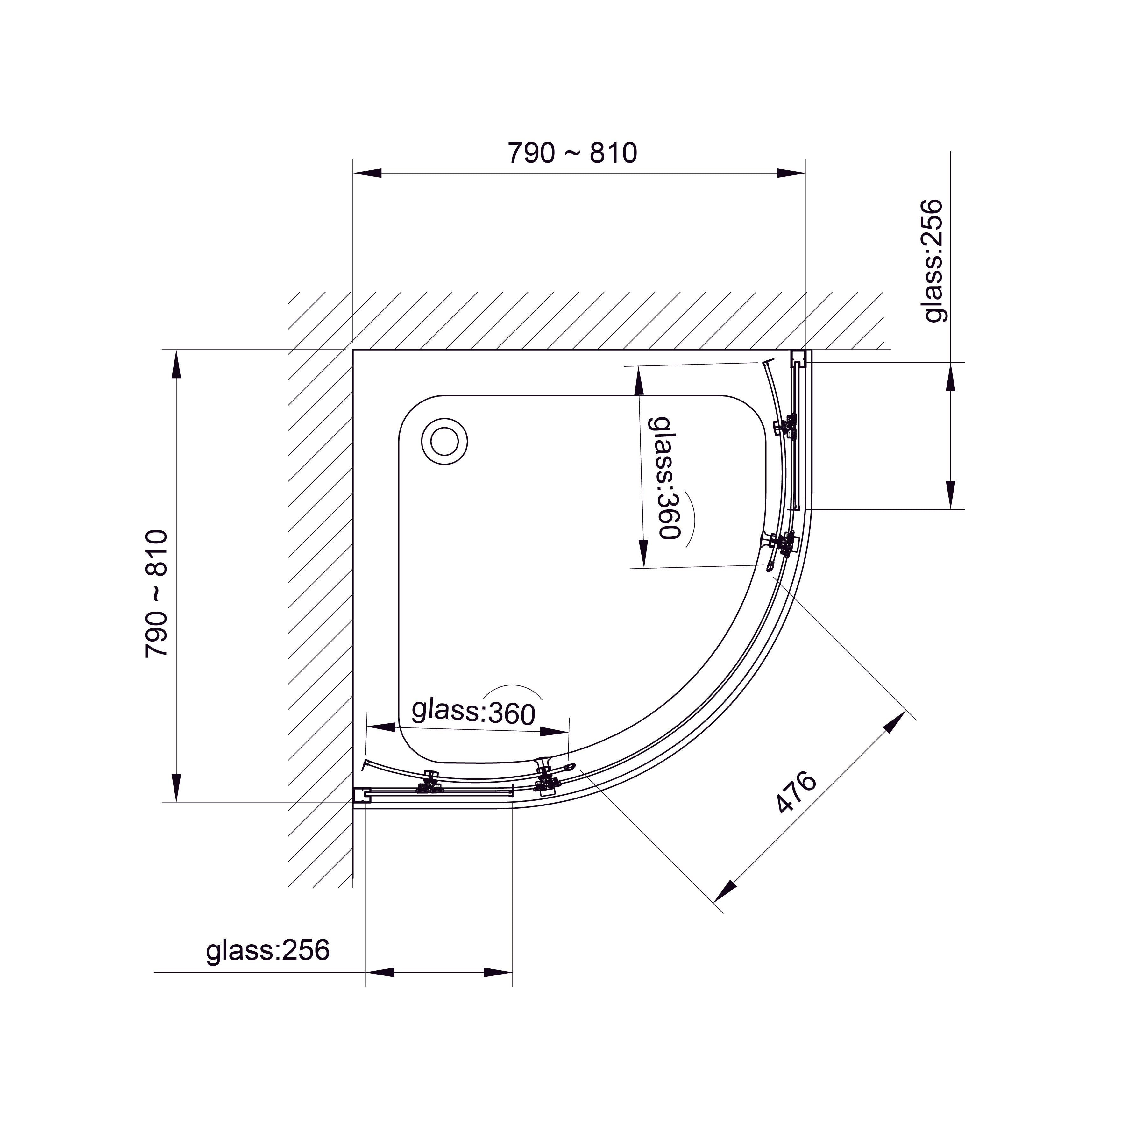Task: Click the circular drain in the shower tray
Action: click(444, 441)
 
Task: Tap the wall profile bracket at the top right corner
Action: click(798, 358)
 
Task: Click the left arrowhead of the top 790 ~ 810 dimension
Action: click(368, 173)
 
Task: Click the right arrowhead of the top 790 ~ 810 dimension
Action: click(791, 173)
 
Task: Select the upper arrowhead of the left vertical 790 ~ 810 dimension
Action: click(176, 365)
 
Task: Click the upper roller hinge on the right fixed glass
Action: click(786, 427)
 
